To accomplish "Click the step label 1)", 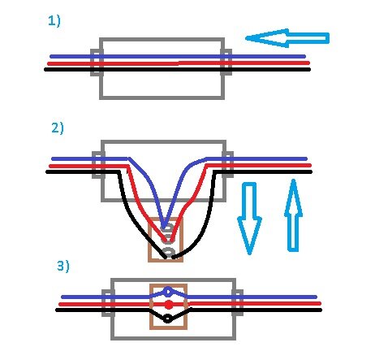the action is (54, 21).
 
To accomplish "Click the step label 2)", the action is (58, 128).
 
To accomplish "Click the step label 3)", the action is (63, 266).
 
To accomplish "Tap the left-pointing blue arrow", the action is (287, 38).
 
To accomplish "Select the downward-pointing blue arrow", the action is (249, 219).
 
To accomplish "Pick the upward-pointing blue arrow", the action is (293, 215).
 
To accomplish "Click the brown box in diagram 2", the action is (149, 240).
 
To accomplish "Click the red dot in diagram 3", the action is (169, 306).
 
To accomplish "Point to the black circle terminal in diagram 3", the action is (168, 319).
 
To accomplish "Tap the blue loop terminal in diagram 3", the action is (168, 292).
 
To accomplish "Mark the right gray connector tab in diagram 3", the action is (241, 303).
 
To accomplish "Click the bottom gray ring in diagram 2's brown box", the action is (168, 252).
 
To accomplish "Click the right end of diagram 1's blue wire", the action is (304, 57).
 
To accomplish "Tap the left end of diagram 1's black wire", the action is (45, 70).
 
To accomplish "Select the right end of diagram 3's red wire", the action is (320, 304).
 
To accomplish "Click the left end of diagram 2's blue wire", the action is (53, 158).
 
